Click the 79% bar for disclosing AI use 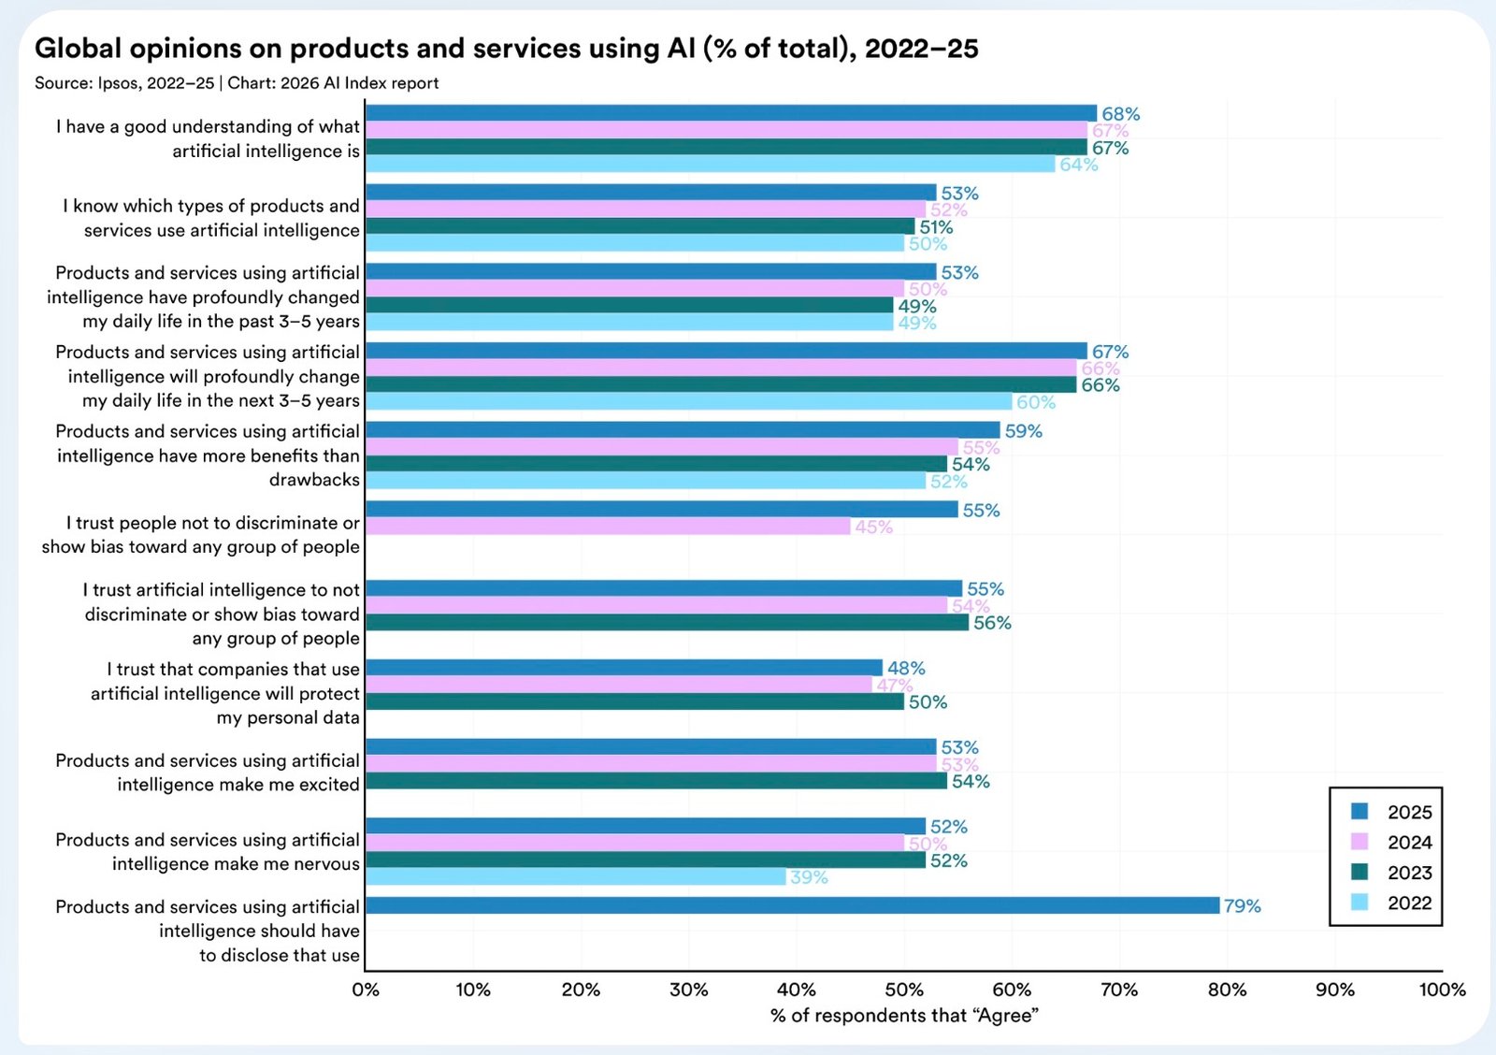click(x=792, y=905)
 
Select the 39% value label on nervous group click(x=809, y=877)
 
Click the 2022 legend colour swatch click(x=1359, y=903)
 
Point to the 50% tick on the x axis click(x=904, y=990)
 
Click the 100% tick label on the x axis click(x=1442, y=990)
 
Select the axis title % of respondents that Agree click(x=904, y=1016)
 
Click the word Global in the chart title click(x=79, y=49)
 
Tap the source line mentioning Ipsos click(x=237, y=83)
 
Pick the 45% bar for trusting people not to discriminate click(x=608, y=527)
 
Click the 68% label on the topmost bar click(x=1120, y=114)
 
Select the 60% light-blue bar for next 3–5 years click(x=688, y=401)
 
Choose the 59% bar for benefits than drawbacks click(x=683, y=430)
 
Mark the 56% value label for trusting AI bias click(x=992, y=623)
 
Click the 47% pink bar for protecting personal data click(x=618, y=685)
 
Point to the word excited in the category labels click(x=328, y=785)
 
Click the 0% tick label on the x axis click(x=366, y=990)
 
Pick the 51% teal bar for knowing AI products click(x=640, y=226)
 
